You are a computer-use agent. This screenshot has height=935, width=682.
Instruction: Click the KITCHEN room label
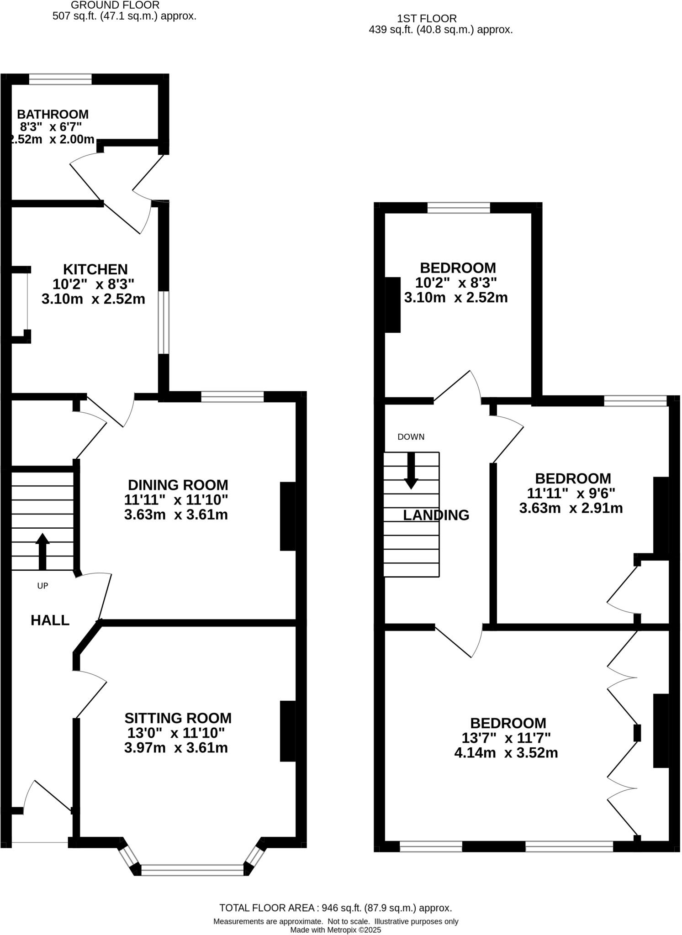[95, 269]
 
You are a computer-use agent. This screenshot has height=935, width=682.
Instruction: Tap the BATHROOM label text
[53, 114]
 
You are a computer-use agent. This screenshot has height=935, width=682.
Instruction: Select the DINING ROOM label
[178, 485]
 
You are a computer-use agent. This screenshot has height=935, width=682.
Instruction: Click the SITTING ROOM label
[178, 718]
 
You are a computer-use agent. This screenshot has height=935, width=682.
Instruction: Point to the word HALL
[50, 620]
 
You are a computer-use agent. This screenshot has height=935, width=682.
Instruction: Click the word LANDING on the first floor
[436, 515]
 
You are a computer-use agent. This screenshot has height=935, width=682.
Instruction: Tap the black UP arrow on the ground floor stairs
[42, 551]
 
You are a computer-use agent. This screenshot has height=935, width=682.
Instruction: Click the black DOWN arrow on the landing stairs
[411, 471]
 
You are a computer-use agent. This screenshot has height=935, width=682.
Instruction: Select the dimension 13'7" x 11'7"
[506, 738]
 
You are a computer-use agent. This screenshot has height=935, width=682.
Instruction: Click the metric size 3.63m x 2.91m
[571, 508]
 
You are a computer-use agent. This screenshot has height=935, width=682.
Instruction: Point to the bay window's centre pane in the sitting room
[192, 870]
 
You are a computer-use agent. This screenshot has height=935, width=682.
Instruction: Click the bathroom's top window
[60, 79]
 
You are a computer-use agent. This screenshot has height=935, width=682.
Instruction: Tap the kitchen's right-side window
[164, 322]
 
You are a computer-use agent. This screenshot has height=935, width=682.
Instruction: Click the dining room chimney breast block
[288, 516]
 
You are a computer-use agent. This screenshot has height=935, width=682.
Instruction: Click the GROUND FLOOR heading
[115, 5]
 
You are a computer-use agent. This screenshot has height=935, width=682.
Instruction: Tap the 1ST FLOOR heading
[427, 19]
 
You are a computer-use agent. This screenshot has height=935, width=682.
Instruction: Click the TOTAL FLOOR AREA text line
[335, 908]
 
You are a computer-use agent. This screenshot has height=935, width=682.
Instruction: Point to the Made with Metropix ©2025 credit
[335, 930]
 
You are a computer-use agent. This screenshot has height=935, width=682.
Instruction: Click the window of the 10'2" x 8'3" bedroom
[459, 208]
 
